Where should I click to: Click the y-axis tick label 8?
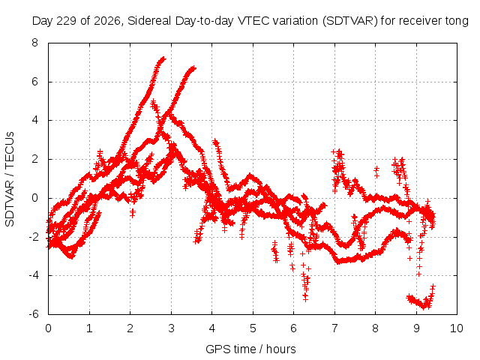[35, 43]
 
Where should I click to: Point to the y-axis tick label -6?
[34, 314]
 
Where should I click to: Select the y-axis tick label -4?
[34, 275]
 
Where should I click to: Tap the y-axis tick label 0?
[35, 198]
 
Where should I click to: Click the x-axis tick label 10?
[457, 328]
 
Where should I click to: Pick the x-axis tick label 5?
[253, 328]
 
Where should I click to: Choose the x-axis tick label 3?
[171, 328]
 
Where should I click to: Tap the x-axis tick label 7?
[334, 328]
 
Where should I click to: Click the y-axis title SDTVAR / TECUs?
[10, 179]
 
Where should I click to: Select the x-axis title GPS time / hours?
[250, 349]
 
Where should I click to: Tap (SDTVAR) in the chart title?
[350, 21]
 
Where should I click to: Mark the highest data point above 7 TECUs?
[163, 58]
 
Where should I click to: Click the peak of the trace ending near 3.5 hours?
[193, 67]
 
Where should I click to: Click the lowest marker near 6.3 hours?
[305, 299]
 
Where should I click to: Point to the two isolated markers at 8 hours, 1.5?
[376, 172]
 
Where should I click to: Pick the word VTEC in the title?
[253, 21]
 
